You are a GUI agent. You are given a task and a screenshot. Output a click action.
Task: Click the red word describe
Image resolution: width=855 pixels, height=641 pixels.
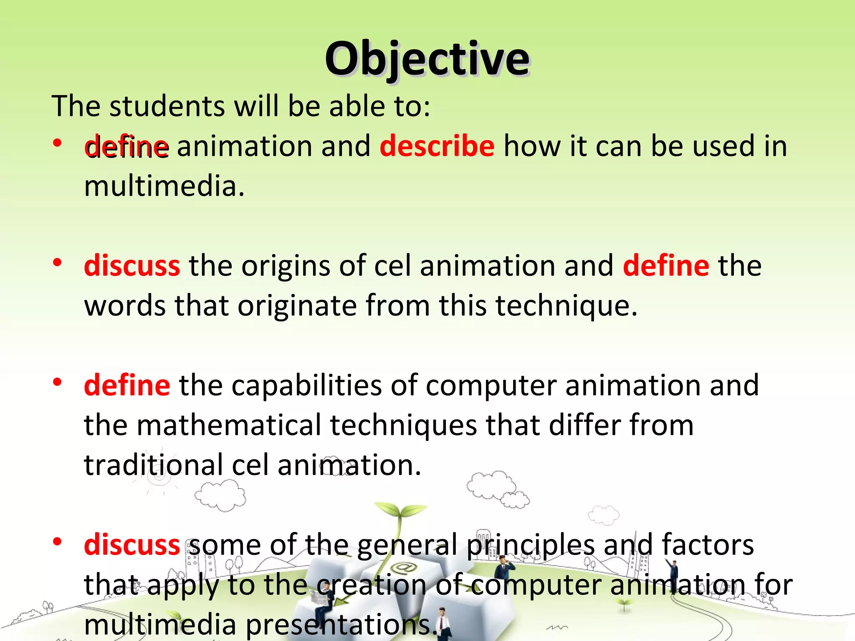point(437,146)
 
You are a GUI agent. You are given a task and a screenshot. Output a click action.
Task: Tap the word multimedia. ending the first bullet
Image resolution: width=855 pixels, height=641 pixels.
point(164,186)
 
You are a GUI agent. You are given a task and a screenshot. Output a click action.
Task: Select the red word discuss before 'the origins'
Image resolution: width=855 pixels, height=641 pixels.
point(132,266)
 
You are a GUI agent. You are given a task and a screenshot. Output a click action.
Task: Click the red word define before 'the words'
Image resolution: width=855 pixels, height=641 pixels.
point(665,266)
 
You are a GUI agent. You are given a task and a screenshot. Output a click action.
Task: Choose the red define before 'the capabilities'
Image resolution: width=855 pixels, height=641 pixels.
point(127,385)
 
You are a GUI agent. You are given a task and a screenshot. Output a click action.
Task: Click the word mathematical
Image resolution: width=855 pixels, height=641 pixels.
point(229,425)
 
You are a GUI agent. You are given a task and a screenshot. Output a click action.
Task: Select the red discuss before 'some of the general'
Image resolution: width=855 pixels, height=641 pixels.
point(132,545)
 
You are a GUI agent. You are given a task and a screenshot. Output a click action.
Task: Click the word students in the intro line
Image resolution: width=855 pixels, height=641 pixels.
point(167,106)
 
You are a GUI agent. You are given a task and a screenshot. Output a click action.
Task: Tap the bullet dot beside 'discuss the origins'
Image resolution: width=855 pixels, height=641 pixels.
point(58,262)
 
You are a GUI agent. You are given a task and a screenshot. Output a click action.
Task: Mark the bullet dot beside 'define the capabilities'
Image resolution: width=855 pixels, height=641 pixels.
point(58,382)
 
